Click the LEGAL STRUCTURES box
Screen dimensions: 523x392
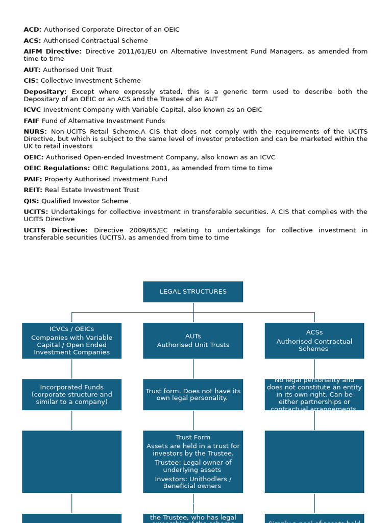pos(193,292)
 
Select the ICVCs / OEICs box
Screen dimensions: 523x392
pos(71,341)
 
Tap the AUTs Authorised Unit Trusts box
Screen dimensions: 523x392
pos(193,341)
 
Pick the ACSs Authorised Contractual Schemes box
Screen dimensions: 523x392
pos(314,341)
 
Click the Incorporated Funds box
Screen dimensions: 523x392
pos(71,394)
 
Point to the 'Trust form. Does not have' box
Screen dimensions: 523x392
pos(193,394)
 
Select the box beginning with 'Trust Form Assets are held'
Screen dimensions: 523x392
pos(193,461)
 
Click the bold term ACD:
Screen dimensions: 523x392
pos(33,30)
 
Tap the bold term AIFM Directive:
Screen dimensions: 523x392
pos(53,52)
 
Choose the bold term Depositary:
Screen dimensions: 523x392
pos(45,92)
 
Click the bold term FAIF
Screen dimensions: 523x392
pos(32,121)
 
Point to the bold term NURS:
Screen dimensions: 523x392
pos(35,132)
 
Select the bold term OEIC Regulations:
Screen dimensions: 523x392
pos(57,168)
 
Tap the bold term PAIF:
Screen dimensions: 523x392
pos(33,179)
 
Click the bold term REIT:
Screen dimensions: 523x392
pos(33,190)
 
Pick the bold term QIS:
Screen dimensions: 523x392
pos(32,201)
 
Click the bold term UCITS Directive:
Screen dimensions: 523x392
pos(56,230)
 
